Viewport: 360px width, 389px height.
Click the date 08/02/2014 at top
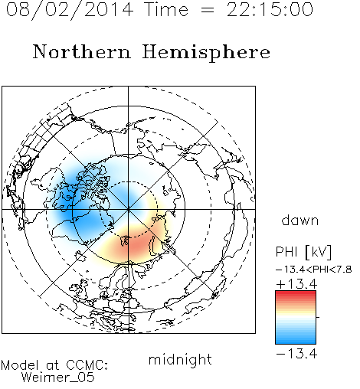pyautogui.click(x=70, y=10)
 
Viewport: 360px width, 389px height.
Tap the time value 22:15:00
pyautogui.click(x=270, y=9)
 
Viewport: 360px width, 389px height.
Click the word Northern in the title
pyautogui.click(x=82, y=52)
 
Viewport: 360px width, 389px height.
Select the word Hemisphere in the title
pyautogui.click(x=206, y=53)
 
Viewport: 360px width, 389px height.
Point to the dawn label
pyautogui.click(x=300, y=220)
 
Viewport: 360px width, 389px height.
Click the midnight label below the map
pyautogui.click(x=180, y=360)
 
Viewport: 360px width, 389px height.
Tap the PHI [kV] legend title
pyautogui.click(x=303, y=252)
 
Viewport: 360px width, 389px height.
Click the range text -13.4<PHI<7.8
pyautogui.click(x=314, y=270)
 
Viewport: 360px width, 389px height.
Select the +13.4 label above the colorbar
pyautogui.click(x=296, y=284)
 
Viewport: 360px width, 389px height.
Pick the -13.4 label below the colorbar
pyautogui.click(x=296, y=354)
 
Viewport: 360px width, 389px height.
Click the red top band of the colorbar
pyautogui.click(x=296, y=294)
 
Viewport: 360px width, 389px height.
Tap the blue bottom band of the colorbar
pyautogui.click(x=296, y=341)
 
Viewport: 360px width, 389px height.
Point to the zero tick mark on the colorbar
pyautogui.click(x=318, y=317)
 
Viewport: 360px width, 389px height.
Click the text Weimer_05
pyautogui.click(x=58, y=377)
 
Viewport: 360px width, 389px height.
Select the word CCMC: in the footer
pyautogui.click(x=87, y=365)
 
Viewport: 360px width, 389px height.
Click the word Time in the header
pyautogui.click(x=166, y=9)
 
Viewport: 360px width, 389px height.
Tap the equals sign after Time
pyautogui.click(x=208, y=10)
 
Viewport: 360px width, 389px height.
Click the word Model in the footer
pyautogui.click(x=20, y=365)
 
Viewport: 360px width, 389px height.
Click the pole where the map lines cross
pyautogui.click(x=129, y=209)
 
